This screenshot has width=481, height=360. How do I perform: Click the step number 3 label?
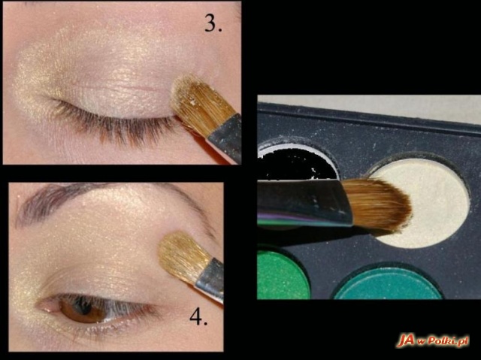pos(213,23)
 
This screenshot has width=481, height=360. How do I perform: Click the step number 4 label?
pos(198,316)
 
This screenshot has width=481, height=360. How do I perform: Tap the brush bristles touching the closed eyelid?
pos(201,104)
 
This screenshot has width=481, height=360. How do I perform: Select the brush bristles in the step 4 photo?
pos(183,256)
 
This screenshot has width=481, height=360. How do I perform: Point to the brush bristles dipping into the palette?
pos(377,204)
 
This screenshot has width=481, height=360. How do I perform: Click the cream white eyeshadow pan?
pos(423,202)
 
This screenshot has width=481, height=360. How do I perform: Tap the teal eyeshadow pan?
pos(387,285)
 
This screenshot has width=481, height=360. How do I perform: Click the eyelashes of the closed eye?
pos(113,124)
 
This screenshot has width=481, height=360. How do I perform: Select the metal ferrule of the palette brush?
pos(304,202)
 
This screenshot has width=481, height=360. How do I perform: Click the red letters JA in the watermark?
pos(405,340)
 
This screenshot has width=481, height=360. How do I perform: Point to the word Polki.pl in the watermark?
pos(448,340)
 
